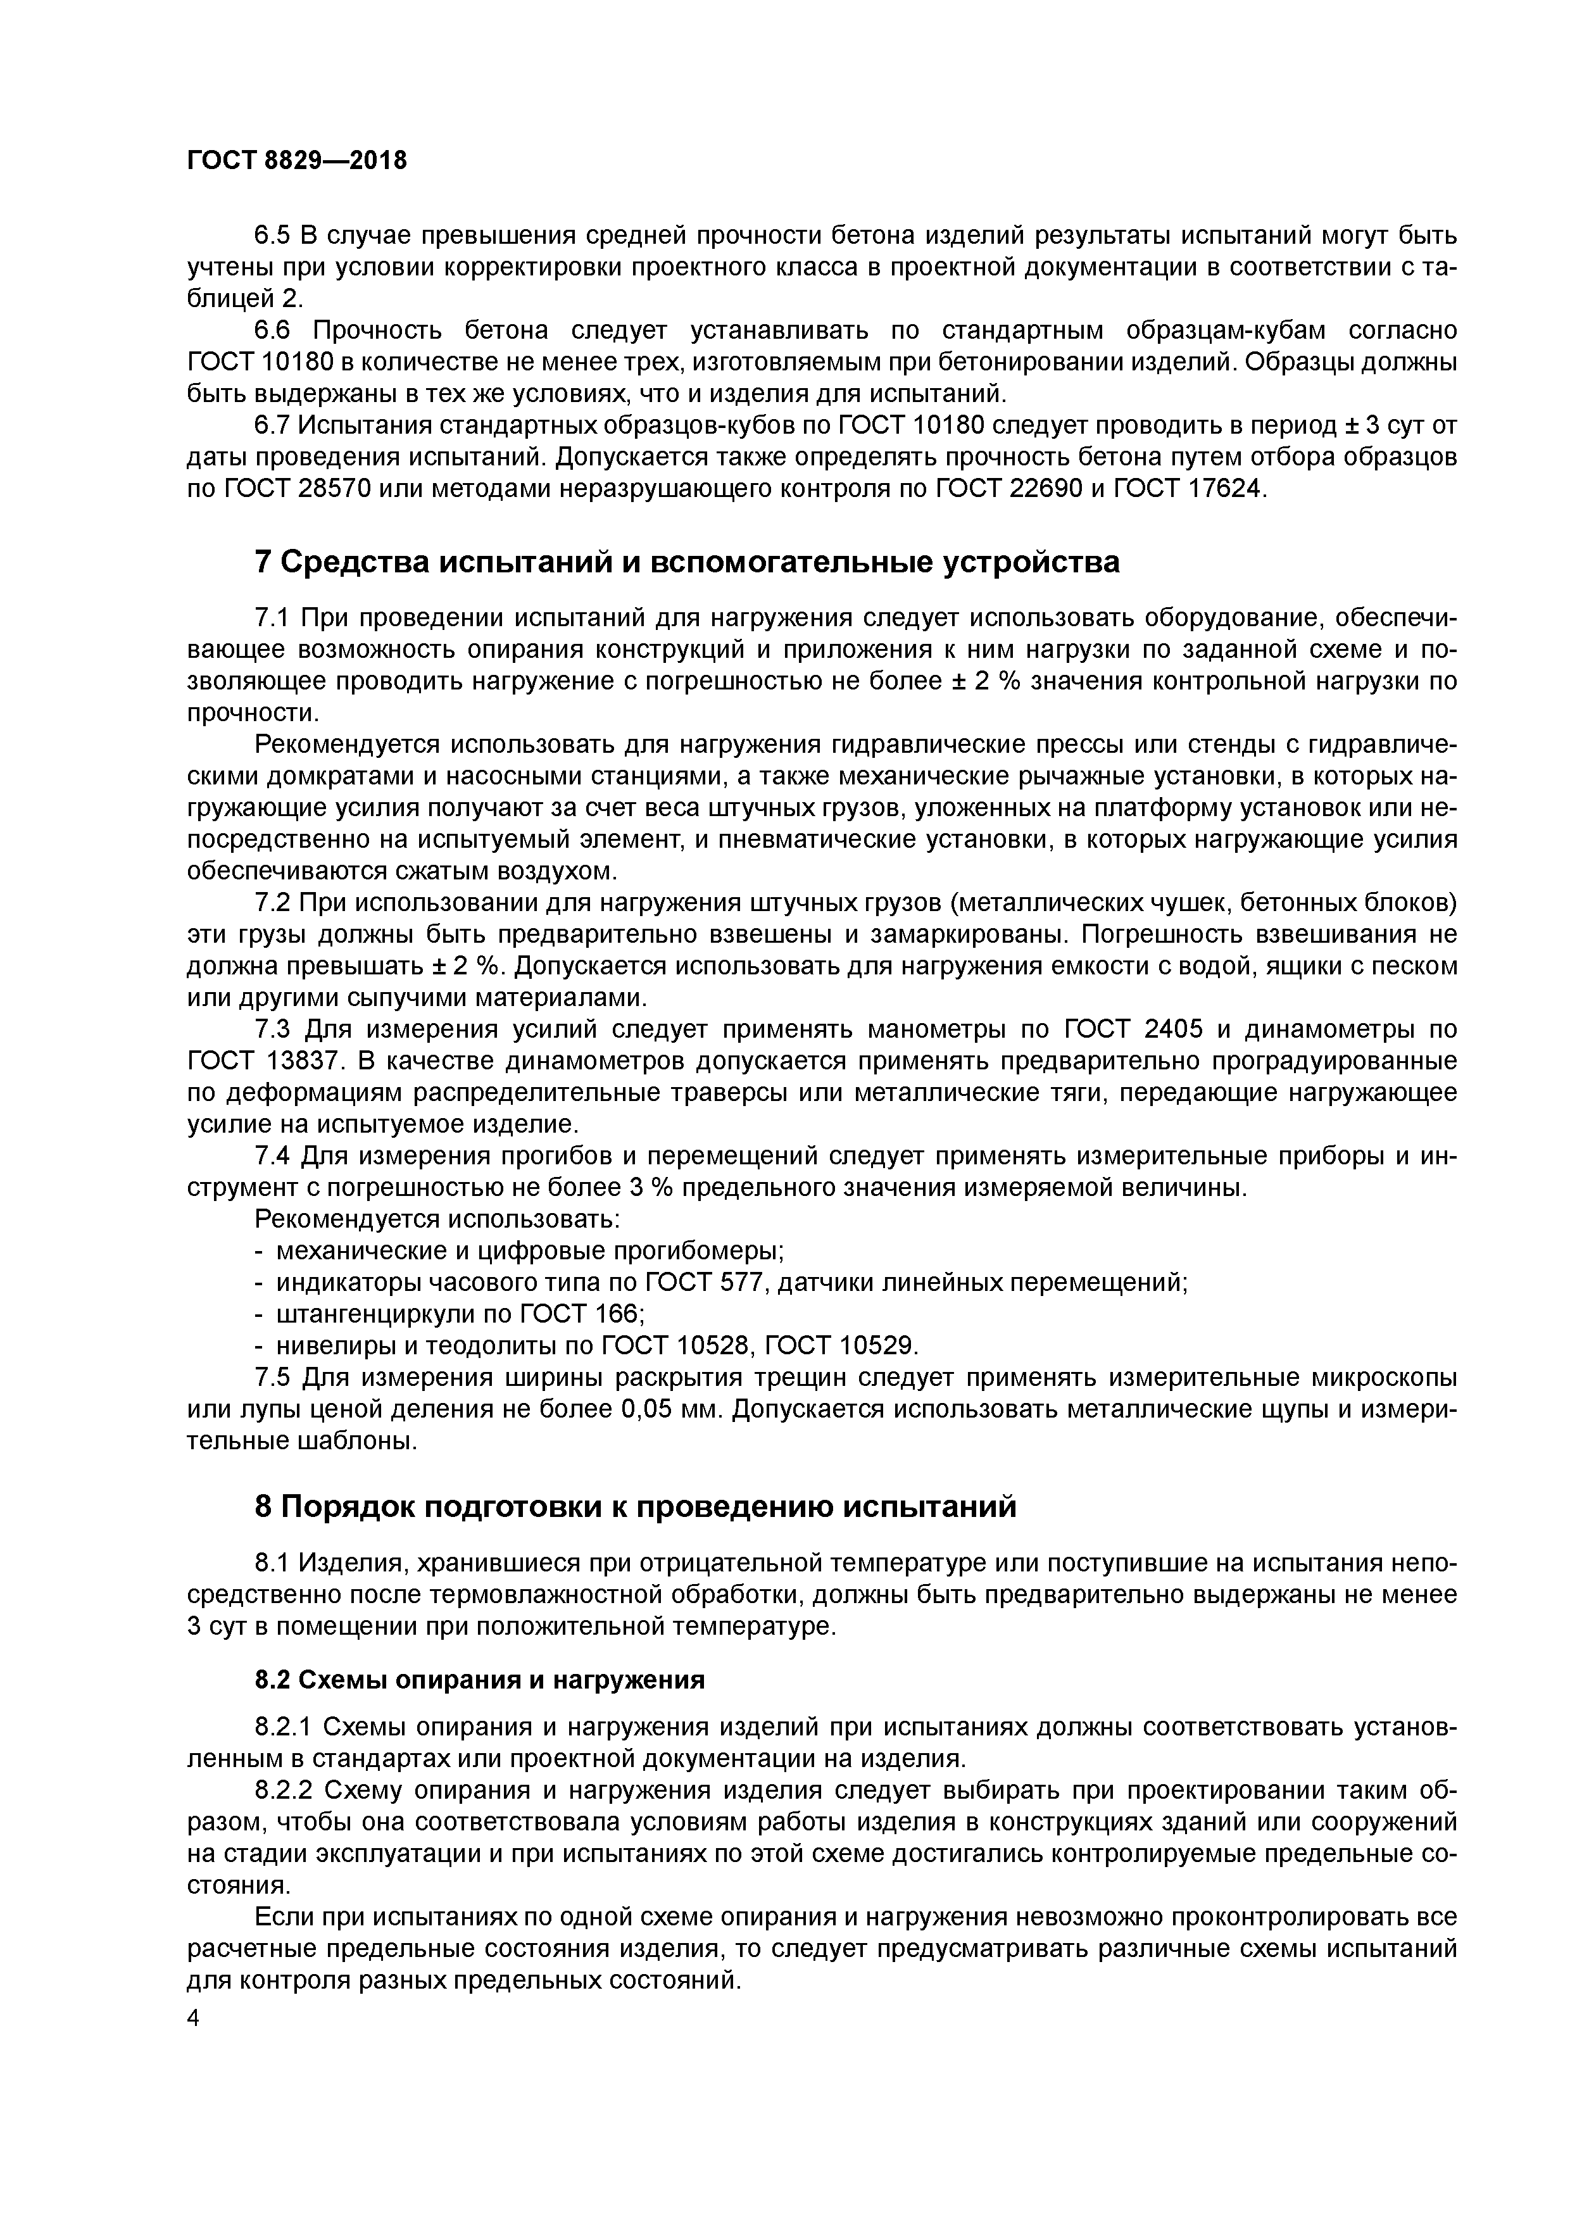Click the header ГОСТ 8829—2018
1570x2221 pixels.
coord(297,161)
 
